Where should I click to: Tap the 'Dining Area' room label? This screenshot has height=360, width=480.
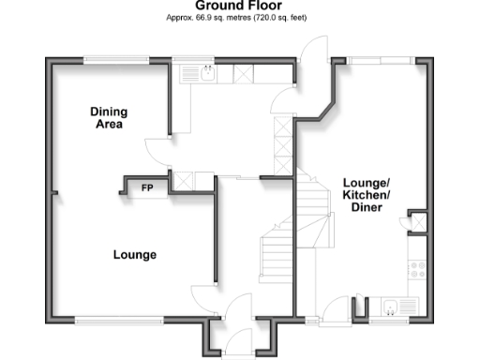coord(109,118)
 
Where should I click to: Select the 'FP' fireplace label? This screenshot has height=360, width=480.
coord(146,188)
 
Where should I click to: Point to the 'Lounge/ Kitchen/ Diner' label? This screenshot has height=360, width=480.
coord(366,194)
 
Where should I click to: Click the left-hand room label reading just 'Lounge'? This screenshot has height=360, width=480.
coord(134,255)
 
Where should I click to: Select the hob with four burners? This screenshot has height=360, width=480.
coord(417,268)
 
